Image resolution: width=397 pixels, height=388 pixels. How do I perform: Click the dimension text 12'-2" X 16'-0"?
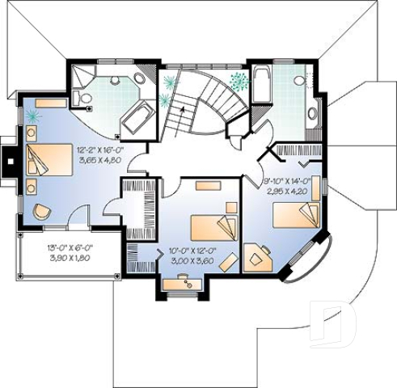click(x=100, y=150)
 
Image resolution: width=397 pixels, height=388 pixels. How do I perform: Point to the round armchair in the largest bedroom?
click(x=40, y=212)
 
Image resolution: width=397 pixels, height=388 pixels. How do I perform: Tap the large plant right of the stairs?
click(x=238, y=81)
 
